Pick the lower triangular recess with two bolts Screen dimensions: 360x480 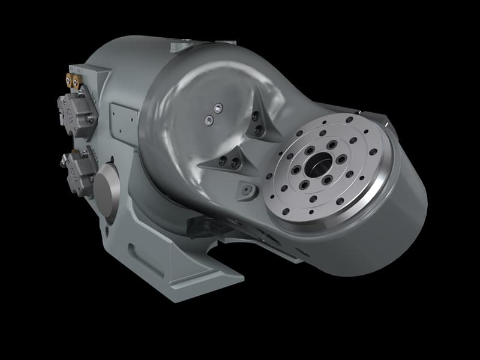tap(229, 161)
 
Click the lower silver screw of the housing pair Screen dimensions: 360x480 tap(208, 121)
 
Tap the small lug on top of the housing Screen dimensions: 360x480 tap(179, 46)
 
